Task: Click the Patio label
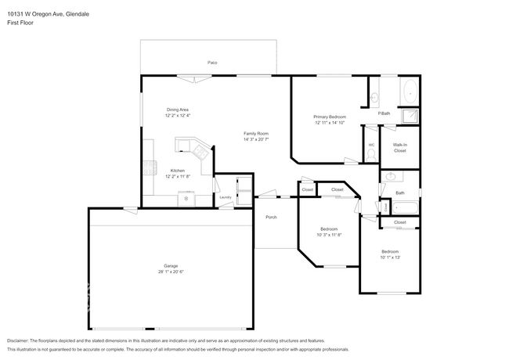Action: [x=211, y=62]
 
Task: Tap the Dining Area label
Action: [x=178, y=109]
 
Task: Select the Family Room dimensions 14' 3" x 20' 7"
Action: [x=256, y=139]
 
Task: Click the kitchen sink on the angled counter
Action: [x=185, y=145]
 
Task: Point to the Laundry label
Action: [x=225, y=197]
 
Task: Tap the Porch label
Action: [x=271, y=217]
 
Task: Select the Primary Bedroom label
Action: [x=330, y=116]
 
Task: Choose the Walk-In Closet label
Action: [x=399, y=147]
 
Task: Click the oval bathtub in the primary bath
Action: [x=410, y=93]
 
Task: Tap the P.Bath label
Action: [x=384, y=113]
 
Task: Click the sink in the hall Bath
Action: [x=389, y=178]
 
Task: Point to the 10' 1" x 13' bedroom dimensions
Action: [x=390, y=257]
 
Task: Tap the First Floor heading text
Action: [x=22, y=23]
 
